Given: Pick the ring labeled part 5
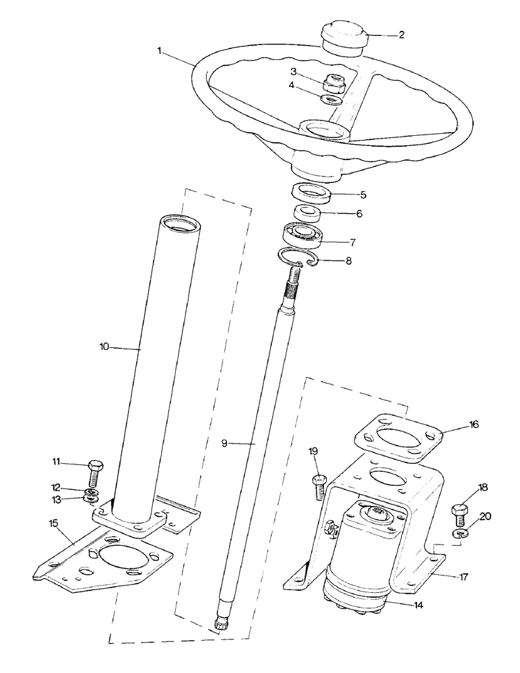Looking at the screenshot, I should pyautogui.click(x=313, y=193).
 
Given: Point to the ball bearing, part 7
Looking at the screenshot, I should pyautogui.click(x=302, y=234).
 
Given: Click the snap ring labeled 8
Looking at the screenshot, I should pyautogui.click(x=298, y=257).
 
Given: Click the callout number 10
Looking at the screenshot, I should pyautogui.click(x=104, y=348).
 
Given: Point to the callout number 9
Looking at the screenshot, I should pyautogui.click(x=226, y=444).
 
